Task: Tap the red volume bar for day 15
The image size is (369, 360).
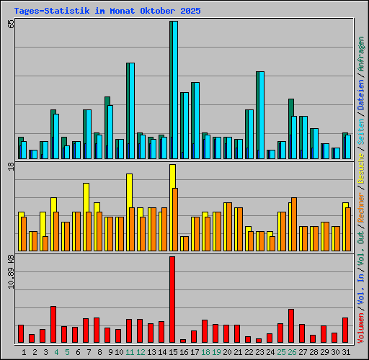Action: click(172, 300)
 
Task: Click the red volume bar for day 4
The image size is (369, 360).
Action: click(53, 324)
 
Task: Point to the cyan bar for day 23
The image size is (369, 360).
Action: click(260, 115)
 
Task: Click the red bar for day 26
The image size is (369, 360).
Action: click(291, 325)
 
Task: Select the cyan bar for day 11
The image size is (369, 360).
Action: click(130, 111)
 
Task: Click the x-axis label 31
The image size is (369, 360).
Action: click(346, 352)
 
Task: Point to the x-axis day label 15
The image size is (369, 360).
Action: click(172, 352)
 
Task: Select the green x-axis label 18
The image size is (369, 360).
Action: click(205, 352)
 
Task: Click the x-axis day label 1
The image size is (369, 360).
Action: click(25, 352)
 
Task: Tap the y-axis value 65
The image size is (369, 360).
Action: click(10, 24)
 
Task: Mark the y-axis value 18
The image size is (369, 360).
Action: click(10, 167)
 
